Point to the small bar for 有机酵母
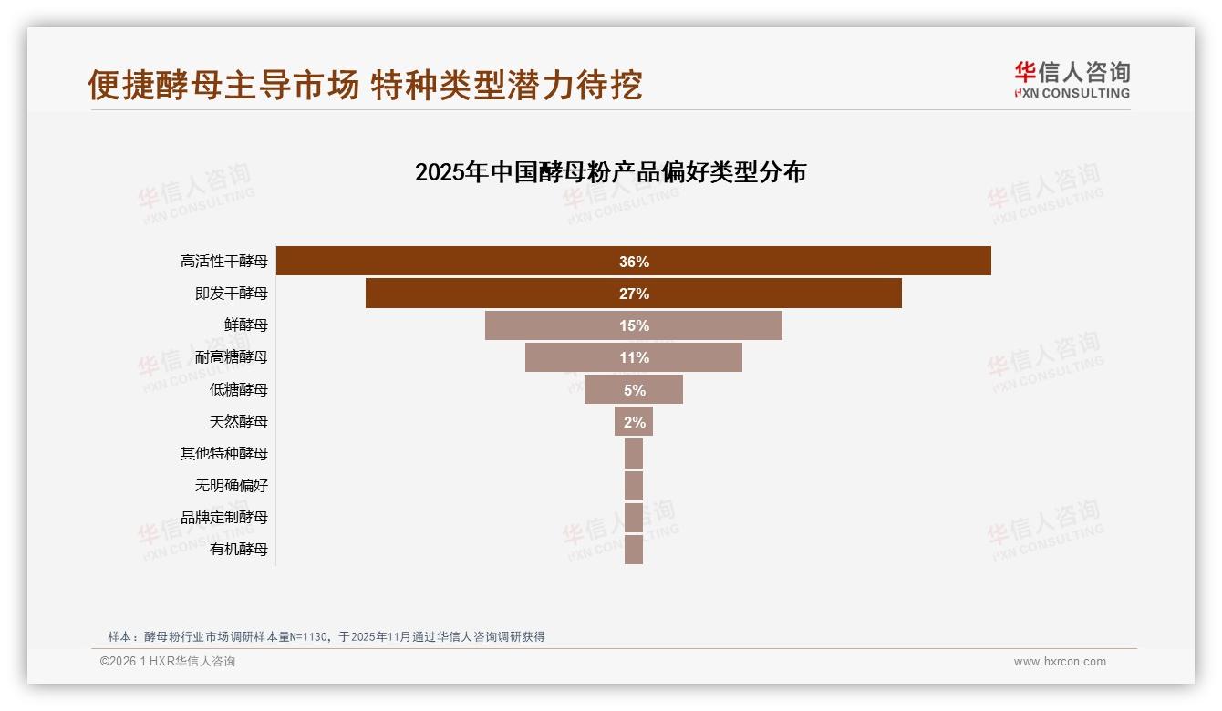634,550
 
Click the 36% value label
634,262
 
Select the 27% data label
634,294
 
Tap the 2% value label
634,422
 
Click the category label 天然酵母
239,422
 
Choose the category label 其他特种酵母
224,454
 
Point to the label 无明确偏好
232,486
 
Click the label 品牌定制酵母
224,518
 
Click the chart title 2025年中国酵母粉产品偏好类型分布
610,172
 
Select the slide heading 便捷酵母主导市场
223,85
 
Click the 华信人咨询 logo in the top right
1072,79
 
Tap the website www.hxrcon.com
1060,662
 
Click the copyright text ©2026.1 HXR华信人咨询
168,662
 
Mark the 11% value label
634,357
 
